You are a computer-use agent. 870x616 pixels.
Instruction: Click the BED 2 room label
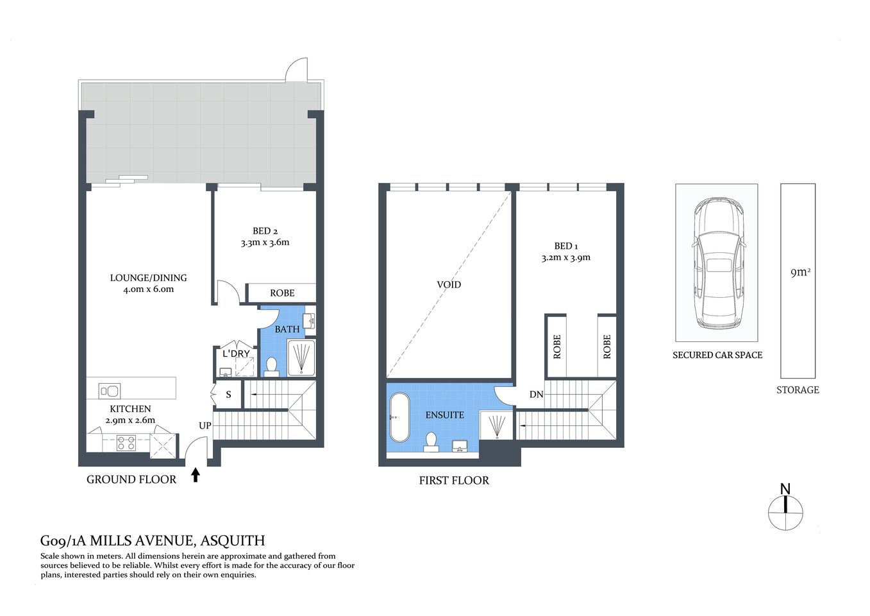coord(265,232)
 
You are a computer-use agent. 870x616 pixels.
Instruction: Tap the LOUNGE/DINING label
coord(148,278)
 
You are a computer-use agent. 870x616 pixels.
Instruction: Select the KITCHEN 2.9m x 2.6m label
coord(130,415)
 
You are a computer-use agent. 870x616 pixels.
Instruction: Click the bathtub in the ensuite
coord(399,418)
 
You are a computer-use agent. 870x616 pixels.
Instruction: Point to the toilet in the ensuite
coord(431,441)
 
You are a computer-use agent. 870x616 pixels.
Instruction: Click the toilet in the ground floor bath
coord(271,366)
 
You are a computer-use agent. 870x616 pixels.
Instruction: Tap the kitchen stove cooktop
coord(126,442)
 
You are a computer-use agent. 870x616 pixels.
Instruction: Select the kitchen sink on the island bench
coord(110,390)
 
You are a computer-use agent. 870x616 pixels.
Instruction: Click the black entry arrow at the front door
coord(196,475)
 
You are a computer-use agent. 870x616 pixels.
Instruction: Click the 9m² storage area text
coord(799,272)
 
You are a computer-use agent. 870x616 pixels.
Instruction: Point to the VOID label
coord(449,284)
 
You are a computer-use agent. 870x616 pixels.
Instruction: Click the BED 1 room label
coord(566,246)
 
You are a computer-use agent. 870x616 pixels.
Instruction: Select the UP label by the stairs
coord(205,425)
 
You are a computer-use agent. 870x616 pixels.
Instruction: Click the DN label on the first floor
coord(536,395)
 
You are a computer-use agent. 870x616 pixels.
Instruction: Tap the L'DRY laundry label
coord(236,354)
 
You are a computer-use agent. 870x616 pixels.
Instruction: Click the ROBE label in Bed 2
coord(282,293)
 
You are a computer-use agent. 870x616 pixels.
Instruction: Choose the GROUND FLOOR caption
coord(131,479)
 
